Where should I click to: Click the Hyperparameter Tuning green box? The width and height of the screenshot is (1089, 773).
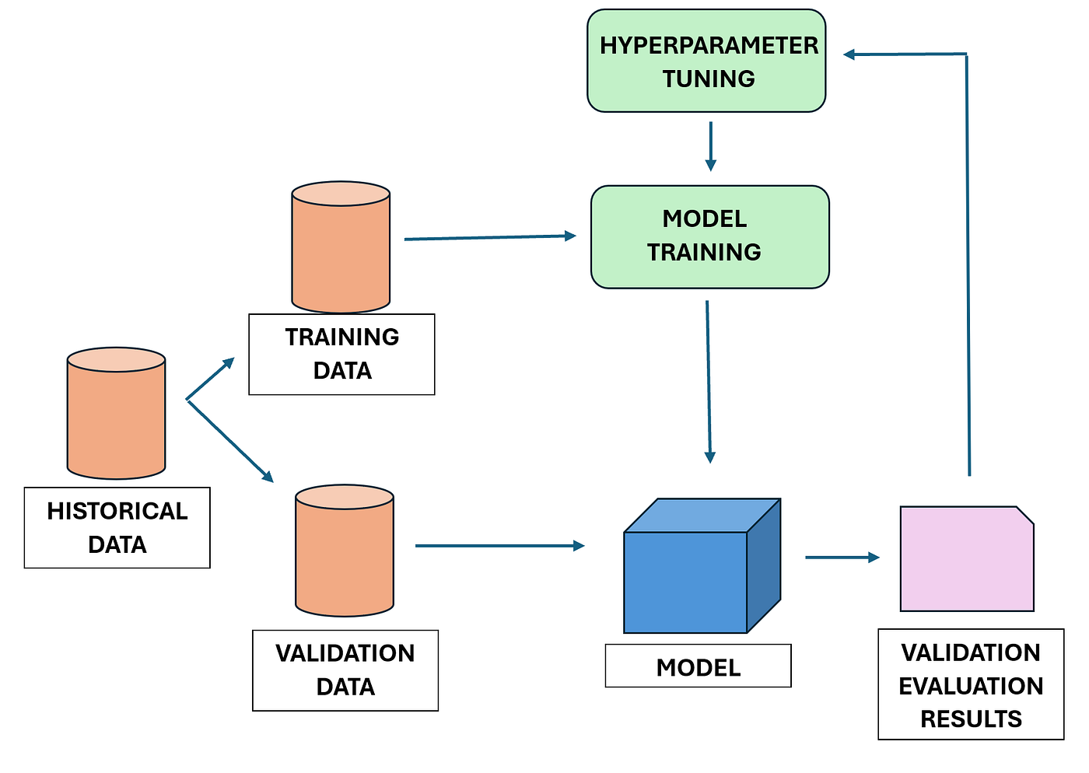(x=706, y=61)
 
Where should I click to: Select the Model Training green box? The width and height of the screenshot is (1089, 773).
(x=709, y=236)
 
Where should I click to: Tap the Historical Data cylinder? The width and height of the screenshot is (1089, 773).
(x=116, y=413)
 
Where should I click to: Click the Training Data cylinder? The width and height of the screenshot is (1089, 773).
(x=341, y=247)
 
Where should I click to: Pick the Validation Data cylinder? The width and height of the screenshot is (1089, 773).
(x=345, y=551)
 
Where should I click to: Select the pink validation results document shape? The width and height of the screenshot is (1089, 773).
(x=967, y=558)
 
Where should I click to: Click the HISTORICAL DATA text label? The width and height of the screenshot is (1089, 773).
(x=117, y=527)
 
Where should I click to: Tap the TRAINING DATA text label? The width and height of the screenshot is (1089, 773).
(x=341, y=354)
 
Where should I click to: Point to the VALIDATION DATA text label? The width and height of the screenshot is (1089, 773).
(x=345, y=670)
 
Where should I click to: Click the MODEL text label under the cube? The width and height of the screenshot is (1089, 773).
(x=699, y=666)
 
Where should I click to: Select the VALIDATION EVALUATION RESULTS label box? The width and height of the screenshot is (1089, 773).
(x=971, y=684)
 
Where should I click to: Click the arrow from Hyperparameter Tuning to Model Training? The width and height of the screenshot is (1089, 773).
(x=710, y=146)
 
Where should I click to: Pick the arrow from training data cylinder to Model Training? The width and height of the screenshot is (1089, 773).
(x=490, y=237)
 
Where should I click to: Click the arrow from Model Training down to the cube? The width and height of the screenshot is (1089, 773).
(x=708, y=381)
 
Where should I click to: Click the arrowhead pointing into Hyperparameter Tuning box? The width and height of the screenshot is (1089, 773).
(x=850, y=54)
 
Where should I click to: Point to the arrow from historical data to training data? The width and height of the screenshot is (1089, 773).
(x=211, y=378)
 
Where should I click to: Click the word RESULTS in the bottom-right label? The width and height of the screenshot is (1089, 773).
(x=971, y=719)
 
